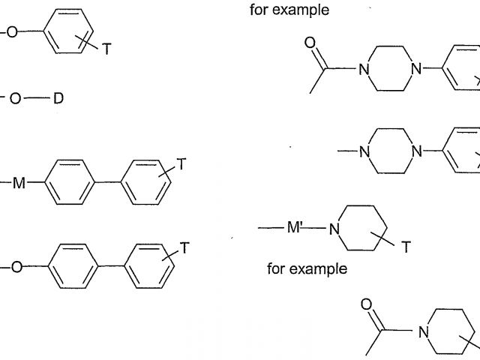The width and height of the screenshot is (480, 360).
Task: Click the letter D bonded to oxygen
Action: [x=58, y=98]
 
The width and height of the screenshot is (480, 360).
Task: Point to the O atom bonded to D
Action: [x=16, y=98]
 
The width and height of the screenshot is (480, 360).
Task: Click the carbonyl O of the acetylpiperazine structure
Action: [x=310, y=43]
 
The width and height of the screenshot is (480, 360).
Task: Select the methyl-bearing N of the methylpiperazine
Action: [x=364, y=151]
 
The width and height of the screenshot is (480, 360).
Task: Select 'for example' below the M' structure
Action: [x=307, y=268]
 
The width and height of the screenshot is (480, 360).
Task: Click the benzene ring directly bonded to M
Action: [x=72, y=182]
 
